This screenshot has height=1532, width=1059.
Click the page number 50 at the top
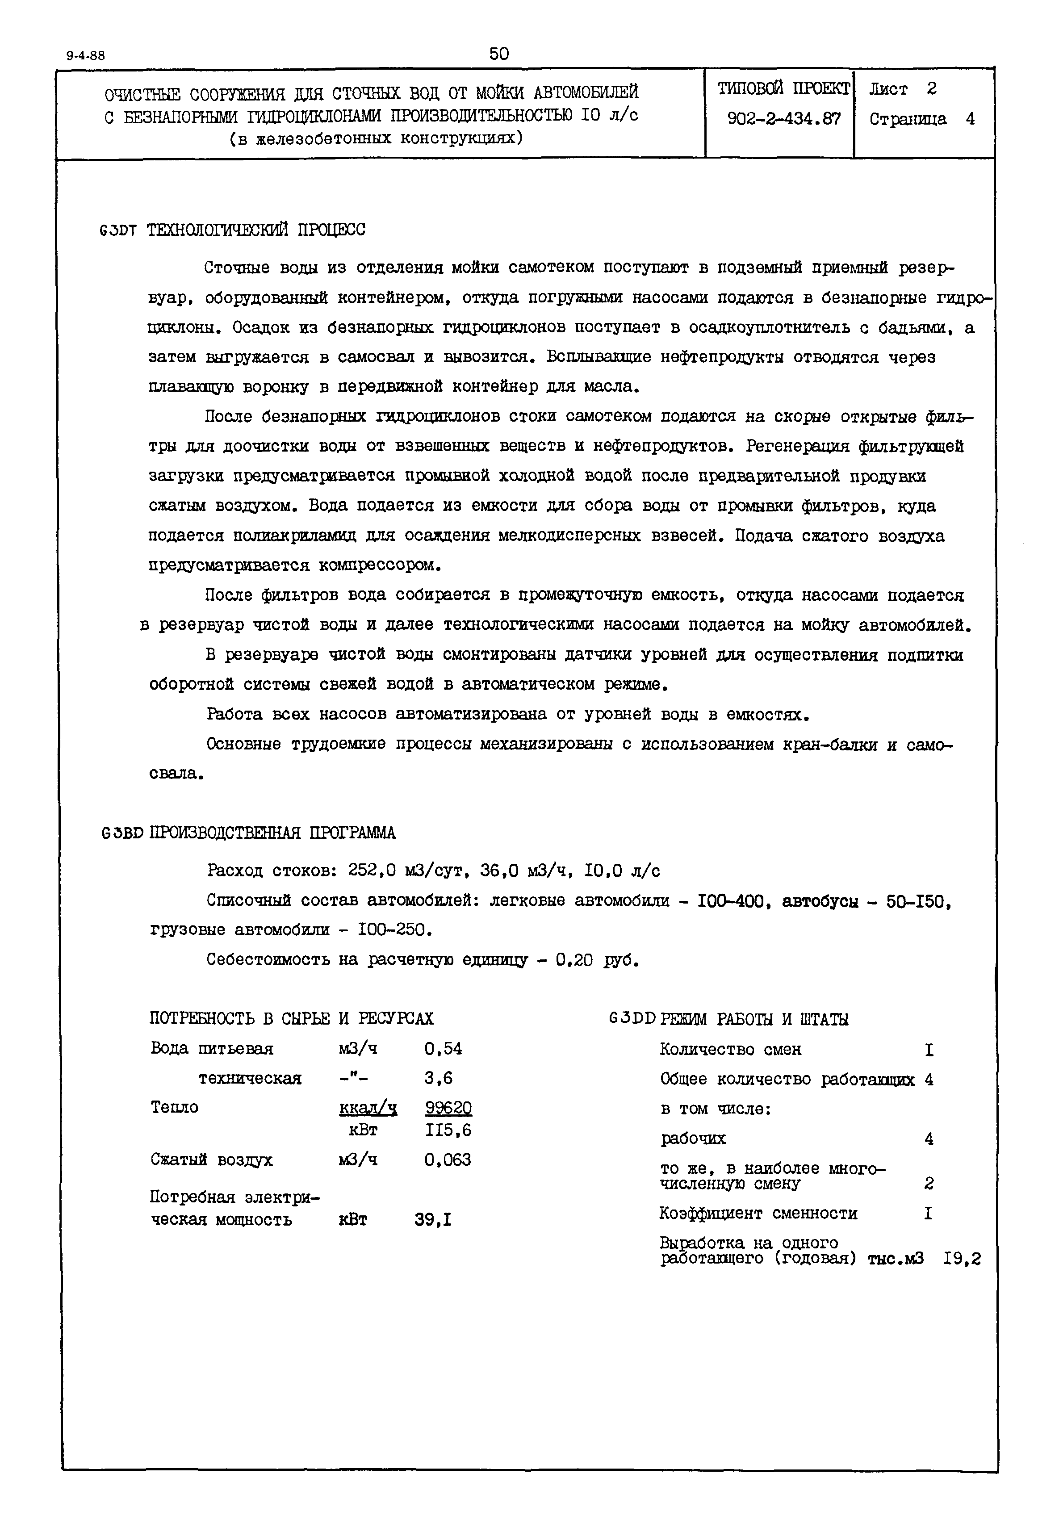click(x=498, y=54)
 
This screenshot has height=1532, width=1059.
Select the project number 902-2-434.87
click(x=783, y=119)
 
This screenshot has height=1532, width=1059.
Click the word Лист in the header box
click(x=888, y=88)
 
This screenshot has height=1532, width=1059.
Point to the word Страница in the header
click(x=907, y=119)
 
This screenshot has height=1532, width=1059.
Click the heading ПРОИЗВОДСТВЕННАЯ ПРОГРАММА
click(x=273, y=833)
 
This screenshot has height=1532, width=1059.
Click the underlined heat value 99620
click(x=448, y=1107)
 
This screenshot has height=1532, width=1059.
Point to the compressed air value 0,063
click(x=448, y=1160)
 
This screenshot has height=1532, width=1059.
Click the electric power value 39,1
click(x=433, y=1219)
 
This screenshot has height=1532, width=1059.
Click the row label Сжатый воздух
click(x=212, y=1160)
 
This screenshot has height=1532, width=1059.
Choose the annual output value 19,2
click(x=962, y=1259)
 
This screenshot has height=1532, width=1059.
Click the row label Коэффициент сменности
click(x=758, y=1214)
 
